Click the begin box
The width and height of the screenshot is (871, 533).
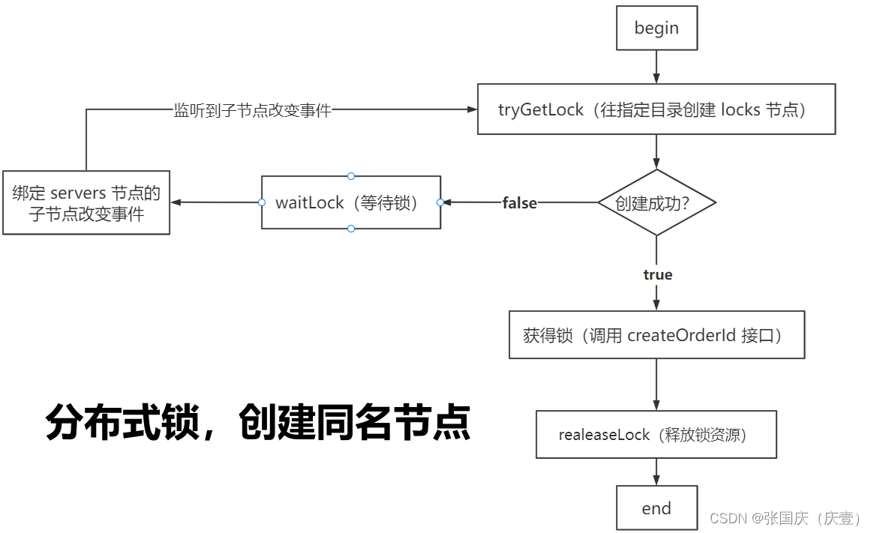(x=656, y=28)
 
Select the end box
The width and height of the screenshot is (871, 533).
(x=656, y=508)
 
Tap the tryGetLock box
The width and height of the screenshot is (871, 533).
(x=656, y=109)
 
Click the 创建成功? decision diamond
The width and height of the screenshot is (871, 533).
(x=656, y=202)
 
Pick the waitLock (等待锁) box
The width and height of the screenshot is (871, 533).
(x=351, y=202)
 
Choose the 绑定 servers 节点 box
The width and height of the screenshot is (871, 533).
(x=86, y=202)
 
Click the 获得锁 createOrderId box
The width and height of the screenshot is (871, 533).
(x=656, y=335)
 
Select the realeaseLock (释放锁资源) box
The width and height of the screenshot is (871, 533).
(x=656, y=434)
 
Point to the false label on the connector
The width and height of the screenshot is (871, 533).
(x=520, y=203)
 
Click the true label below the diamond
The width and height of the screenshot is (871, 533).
(x=658, y=275)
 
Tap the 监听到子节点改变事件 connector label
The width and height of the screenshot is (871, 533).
(x=253, y=110)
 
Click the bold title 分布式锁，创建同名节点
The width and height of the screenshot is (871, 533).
(x=258, y=422)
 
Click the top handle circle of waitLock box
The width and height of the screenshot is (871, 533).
(x=351, y=176)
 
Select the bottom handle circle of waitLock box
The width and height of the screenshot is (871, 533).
(x=351, y=229)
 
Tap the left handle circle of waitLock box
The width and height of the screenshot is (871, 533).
(x=262, y=202)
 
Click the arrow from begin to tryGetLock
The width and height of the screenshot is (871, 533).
(x=656, y=67)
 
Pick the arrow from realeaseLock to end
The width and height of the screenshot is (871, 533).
(x=656, y=472)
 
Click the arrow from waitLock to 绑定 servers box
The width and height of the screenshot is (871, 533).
(x=215, y=202)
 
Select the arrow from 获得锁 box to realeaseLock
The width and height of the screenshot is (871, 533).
(x=656, y=385)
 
